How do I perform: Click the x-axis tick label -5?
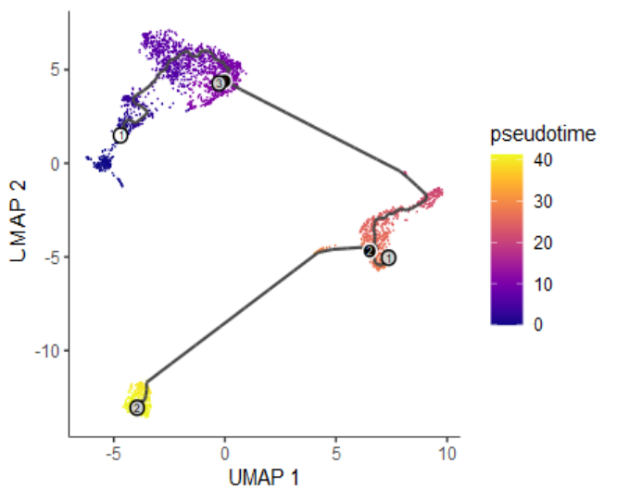[x=113, y=456]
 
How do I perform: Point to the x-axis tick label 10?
[x=447, y=456]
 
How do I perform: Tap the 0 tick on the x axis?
[x=225, y=456]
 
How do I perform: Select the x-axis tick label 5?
[x=336, y=456]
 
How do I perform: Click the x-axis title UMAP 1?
[x=264, y=480]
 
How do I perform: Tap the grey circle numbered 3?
[x=220, y=82]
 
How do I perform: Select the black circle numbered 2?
[x=369, y=251]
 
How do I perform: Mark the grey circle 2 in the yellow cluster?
[x=137, y=407]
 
